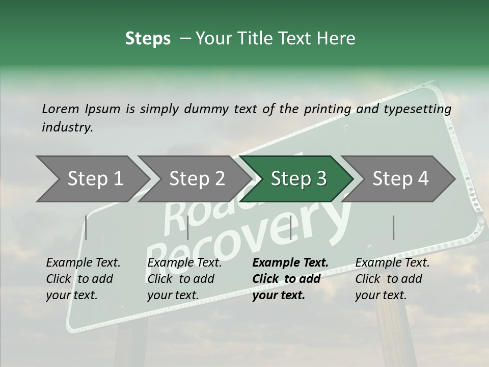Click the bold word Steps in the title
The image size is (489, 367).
click(148, 39)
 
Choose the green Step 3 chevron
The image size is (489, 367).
click(298, 179)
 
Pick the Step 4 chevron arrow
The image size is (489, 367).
click(400, 179)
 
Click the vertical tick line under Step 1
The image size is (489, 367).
click(86, 227)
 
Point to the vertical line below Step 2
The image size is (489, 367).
click(188, 227)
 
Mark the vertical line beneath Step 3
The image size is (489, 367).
click(290, 227)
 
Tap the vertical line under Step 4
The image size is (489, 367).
click(393, 227)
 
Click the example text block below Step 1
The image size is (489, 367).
click(83, 279)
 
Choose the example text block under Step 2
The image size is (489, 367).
click(184, 279)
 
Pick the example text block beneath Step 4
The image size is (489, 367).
click(392, 279)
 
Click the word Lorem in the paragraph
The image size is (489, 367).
click(61, 109)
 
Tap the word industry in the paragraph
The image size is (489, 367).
click(67, 127)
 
